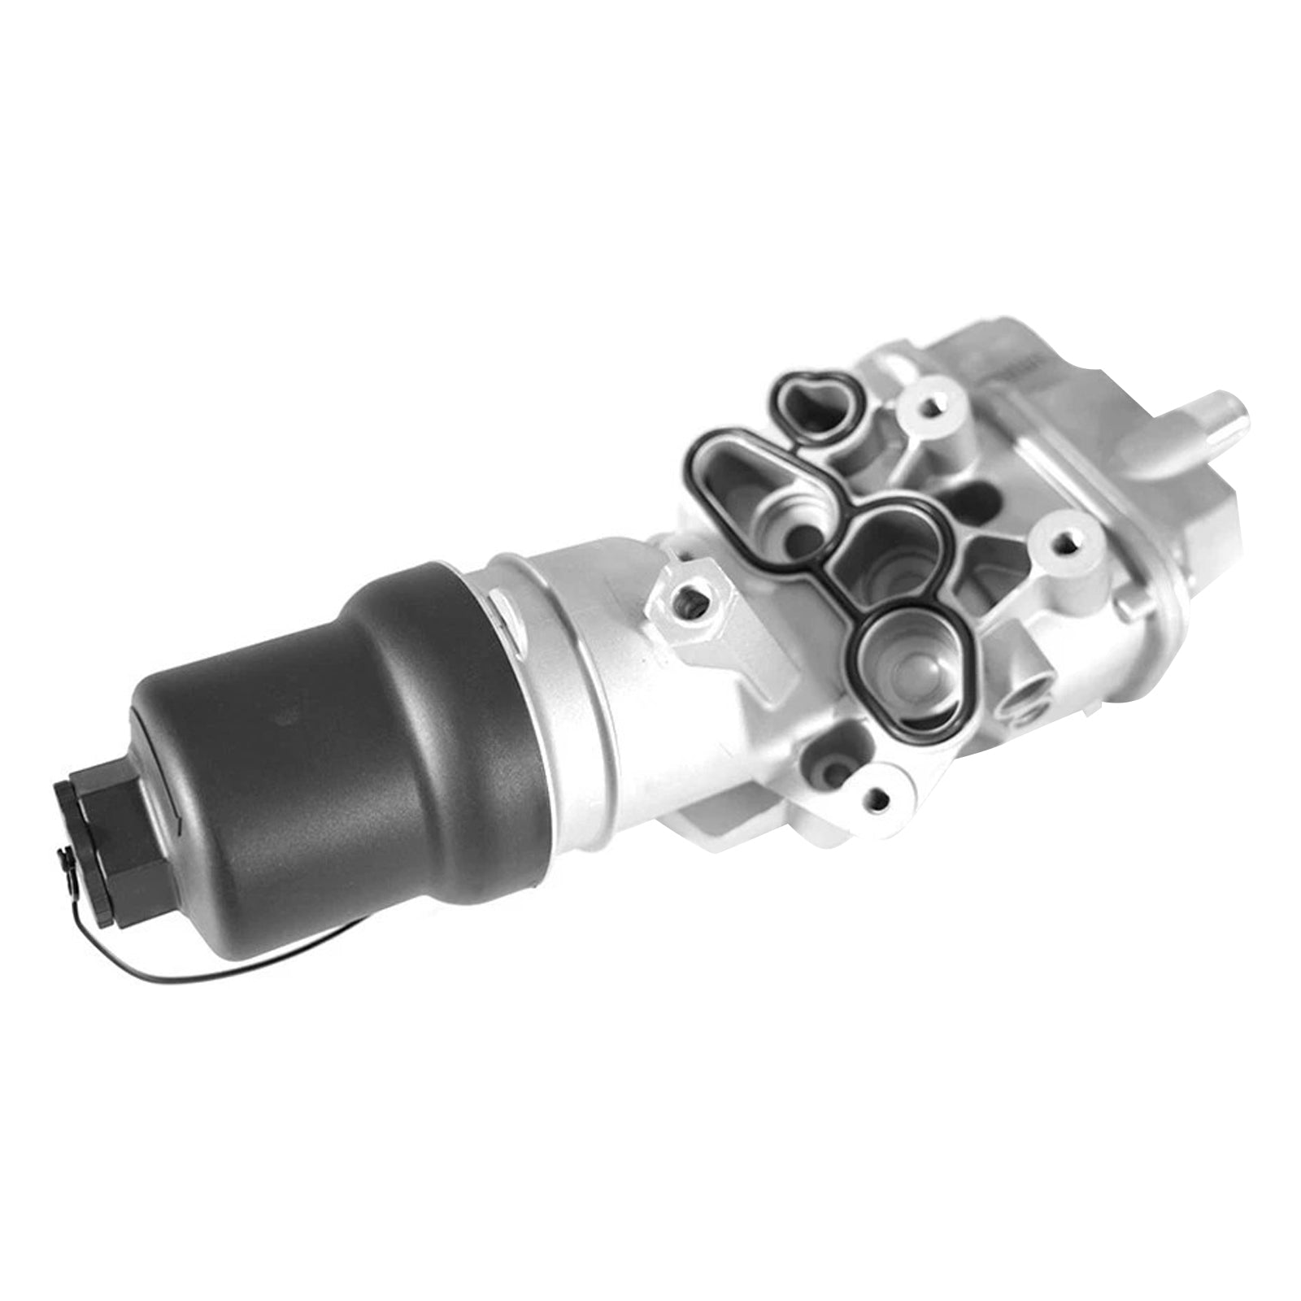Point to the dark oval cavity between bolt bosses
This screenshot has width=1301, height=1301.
pyautogui.click(x=972, y=496)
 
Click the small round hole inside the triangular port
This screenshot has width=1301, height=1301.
pyautogui.click(x=801, y=537)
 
